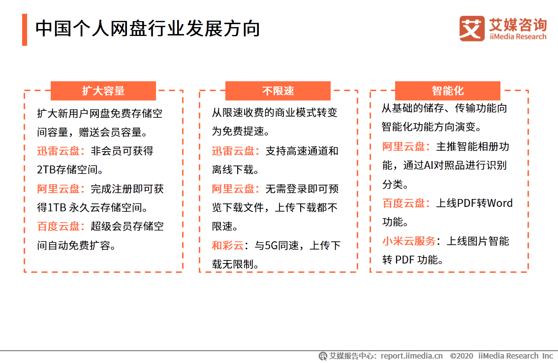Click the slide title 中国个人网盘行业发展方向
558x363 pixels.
pyautogui.click(x=148, y=29)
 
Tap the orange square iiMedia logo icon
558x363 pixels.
pyautogui.click(x=472, y=29)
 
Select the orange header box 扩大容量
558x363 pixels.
pyautogui.click(x=103, y=91)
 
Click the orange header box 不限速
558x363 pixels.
pyautogui.click(x=278, y=91)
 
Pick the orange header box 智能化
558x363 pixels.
pyautogui.click(x=448, y=91)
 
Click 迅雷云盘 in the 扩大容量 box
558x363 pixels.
pyautogui.click(x=58, y=151)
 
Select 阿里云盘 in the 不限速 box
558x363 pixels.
pyautogui.click(x=233, y=189)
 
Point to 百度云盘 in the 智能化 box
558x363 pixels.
pyautogui.click(x=403, y=203)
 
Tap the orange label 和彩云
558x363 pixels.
pyautogui.click(x=228, y=245)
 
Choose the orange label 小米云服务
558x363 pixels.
pyautogui.click(x=409, y=241)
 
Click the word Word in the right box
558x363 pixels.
pyautogui.click(x=499, y=203)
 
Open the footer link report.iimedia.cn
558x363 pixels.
pyautogui.click(x=411, y=356)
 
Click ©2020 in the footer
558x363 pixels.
pyautogui.click(x=462, y=356)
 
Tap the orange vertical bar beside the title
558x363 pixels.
pyautogui.click(x=25, y=30)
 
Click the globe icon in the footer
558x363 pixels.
pyautogui.click(x=323, y=356)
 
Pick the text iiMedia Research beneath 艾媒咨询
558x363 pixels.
pyautogui.click(x=518, y=36)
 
